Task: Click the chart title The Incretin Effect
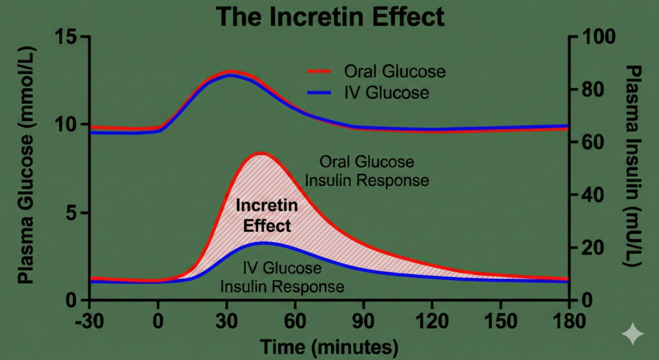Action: pyautogui.click(x=329, y=16)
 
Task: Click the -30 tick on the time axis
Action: pyautogui.click(x=91, y=320)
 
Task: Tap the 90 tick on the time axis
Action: pyautogui.click(x=364, y=320)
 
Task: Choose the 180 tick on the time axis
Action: pyautogui.click(x=568, y=320)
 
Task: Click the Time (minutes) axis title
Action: pyautogui.click(x=329, y=347)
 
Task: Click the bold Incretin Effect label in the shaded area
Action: pyautogui.click(x=266, y=216)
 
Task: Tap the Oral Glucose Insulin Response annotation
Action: pyautogui.click(x=367, y=171)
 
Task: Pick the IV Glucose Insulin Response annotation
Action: pyautogui.click(x=283, y=277)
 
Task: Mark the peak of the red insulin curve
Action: pyautogui.click(x=261, y=153)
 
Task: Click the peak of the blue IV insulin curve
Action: pyautogui.click(x=263, y=243)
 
